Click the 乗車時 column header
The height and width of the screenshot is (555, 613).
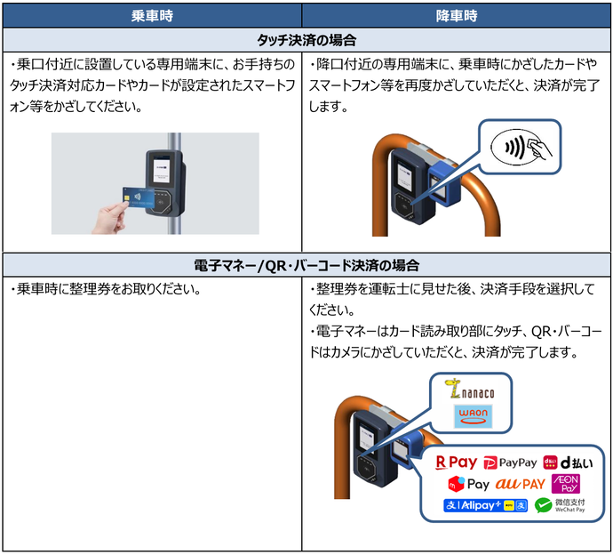pyautogui.click(x=152, y=15)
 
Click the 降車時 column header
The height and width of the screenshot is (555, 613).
pyautogui.click(x=457, y=15)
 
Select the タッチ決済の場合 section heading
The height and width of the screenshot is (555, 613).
pyautogui.click(x=306, y=41)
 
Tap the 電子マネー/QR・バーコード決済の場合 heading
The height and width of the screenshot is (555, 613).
pyautogui.click(x=306, y=265)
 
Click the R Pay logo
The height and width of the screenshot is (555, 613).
pyautogui.click(x=456, y=462)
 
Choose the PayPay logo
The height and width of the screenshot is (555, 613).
pyautogui.click(x=510, y=462)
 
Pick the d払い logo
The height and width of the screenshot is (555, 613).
pyautogui.click(x=566, y=462)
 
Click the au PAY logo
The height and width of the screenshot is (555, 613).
pyautogui.click(x=520, y=485)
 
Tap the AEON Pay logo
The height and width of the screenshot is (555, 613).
pyautogui.click(x=566, y=485)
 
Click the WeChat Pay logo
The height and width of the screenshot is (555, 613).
pyautogui.click(x=560, y=506)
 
